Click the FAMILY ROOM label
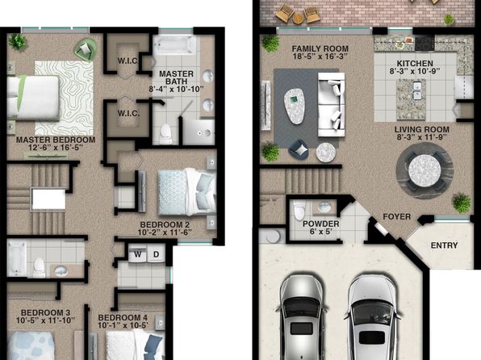[320, 48]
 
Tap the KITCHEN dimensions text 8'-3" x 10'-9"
[415, 71]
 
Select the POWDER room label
[321, 224]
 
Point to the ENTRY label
[444, 245]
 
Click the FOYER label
[396, 216]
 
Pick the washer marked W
[138, 253]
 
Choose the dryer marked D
[156, 253]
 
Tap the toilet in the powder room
[299, 210]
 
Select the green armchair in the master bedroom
[86, 49]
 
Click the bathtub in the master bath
[174, 45]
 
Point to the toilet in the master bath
[165, 134]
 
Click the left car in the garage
[302, 317]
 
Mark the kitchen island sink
[416, 91]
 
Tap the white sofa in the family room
[332, 104]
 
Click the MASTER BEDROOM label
[56, 140]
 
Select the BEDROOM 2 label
[165, 224]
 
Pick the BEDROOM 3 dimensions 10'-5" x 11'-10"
[45, 320]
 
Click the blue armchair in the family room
[299, 150]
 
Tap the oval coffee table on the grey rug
[295, 107]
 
